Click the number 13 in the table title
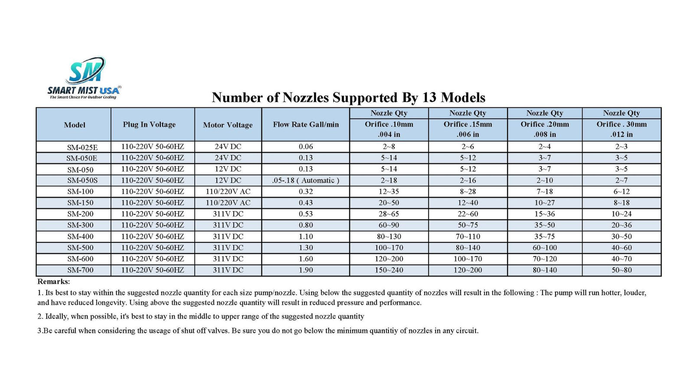[429, 97]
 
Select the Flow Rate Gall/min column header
[305, 125]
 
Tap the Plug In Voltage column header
[149, 125]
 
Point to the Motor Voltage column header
[228, 125]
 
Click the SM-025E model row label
[82, 147]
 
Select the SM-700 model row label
[80, 270]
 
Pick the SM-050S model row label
[82, 181]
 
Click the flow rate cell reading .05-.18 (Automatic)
[305, 181]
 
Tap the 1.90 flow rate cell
[305, 270]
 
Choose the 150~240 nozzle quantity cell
[389, 270]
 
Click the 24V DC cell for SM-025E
[228, 147]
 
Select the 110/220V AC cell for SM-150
[228, 203]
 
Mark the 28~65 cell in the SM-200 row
[389, 214]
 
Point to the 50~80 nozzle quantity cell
[622, 270]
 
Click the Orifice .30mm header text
[622, 124]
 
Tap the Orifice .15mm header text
[468, 124]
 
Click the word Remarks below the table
[53, 282]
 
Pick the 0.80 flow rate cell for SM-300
[305, 225]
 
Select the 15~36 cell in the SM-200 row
[544, 214]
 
